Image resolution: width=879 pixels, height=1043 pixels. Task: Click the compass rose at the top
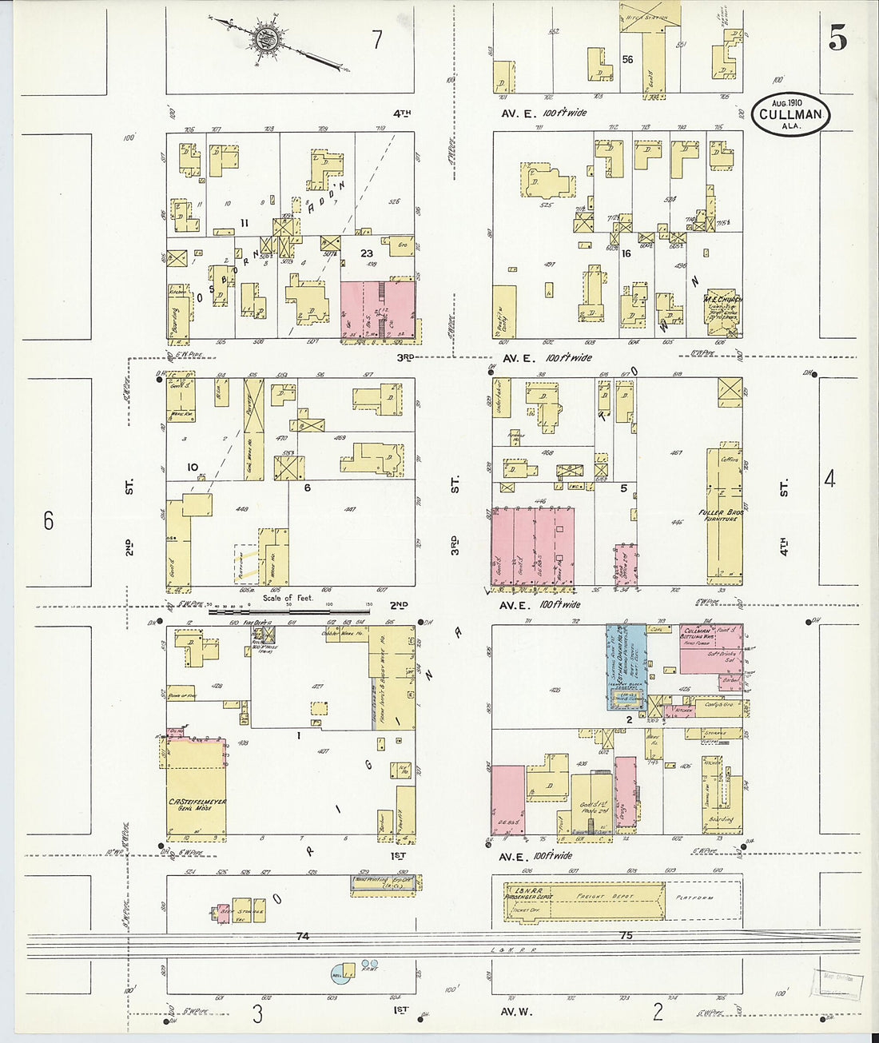click(x=266, y=39)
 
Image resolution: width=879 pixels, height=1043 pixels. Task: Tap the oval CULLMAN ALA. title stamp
click(x=790, y=114)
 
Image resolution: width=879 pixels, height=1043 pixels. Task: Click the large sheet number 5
click(x=838, y=38)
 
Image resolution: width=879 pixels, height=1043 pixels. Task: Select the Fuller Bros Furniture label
click(x=722, y=515)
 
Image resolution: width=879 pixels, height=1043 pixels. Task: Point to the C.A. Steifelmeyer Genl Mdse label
click(x=197, y=804)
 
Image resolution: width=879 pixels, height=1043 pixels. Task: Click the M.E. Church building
click(x=722, y=310)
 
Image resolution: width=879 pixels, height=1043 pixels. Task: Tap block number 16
click(x=626, y=254)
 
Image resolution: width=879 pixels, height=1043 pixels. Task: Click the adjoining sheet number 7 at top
click(x=377, y=39)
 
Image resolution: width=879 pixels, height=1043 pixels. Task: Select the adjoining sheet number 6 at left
click(x=49, y=521)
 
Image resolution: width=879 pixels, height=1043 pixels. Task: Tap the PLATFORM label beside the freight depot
click(x=693, y=898)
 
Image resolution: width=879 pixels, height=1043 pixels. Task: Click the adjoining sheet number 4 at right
click(x=830, y=480)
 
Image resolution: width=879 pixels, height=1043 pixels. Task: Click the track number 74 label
click(x=301, y=936)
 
